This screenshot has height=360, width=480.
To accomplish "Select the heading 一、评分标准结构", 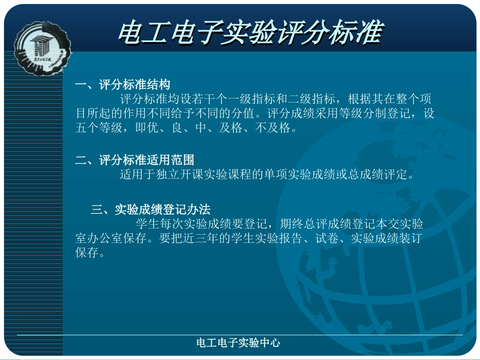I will point(123,84).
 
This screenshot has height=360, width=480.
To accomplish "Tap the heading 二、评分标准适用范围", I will point(134,161).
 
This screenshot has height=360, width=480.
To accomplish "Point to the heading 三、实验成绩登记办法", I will point(151,210).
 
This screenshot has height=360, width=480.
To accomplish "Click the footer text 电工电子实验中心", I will point(238,343).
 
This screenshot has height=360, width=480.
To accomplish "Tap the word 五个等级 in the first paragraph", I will point(99,128).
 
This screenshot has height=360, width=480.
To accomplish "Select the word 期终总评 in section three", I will point(303,224).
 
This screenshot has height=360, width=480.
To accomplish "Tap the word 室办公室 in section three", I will point(99,238).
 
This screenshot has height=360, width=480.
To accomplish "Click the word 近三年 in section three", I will point(201,238).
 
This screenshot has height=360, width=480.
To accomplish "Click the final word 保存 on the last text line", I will point(87,253).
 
